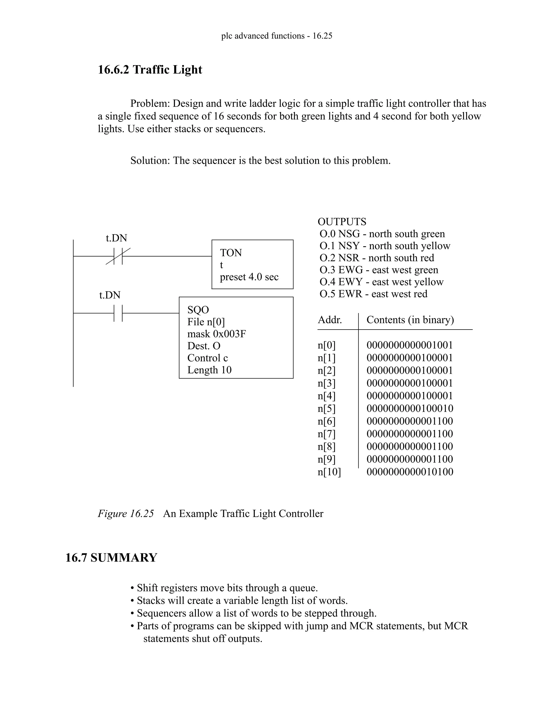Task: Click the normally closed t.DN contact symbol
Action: tap(118, 256)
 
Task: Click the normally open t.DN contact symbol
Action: tap(118, 313)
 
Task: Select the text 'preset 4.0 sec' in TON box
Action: tap(249, 277)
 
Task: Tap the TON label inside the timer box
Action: tap(231, 253)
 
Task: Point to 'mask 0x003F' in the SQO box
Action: tap(217, 334)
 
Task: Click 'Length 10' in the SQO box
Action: tap(209, 370)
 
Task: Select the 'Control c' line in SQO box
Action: tap(207, 358)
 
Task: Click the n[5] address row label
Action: tap(327, 408)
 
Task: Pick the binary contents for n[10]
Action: tap(410, 472)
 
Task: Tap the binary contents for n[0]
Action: tap(410, 345)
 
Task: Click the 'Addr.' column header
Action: tap(329, 320)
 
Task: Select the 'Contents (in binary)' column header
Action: tap(410, 320)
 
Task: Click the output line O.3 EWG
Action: tap(379, 270)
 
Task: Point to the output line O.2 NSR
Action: tap(377, 258)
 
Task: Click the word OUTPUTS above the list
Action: tap(342, 222)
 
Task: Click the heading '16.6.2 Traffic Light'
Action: tap(150, 70)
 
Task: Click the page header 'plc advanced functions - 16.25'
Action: tap(277, 36)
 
